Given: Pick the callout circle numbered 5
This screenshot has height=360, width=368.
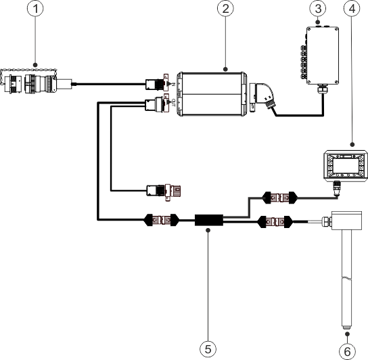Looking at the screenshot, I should [208, 348].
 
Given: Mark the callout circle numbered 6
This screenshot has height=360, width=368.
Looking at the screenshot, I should [346, 350].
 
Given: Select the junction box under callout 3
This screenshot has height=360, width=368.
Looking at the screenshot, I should [320, 55].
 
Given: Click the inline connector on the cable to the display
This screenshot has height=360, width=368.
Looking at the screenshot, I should [278, 198].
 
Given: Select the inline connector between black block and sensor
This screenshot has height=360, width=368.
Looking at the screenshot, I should [276, 221].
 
